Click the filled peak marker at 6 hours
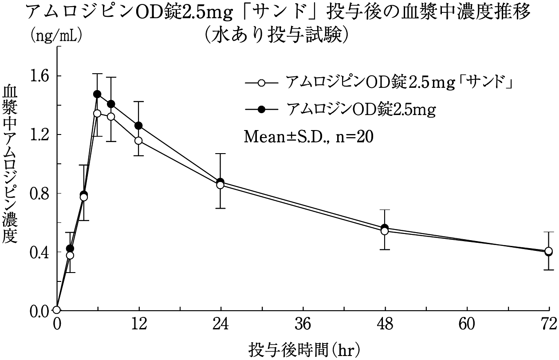97,94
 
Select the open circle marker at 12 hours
138,141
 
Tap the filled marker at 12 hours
138,126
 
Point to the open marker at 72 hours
549,251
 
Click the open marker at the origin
56,310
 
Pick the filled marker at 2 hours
70,248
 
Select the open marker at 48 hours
385,231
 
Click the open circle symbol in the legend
261,83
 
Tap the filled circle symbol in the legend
261,109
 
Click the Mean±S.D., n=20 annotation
308,136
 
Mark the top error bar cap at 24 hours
220,154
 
